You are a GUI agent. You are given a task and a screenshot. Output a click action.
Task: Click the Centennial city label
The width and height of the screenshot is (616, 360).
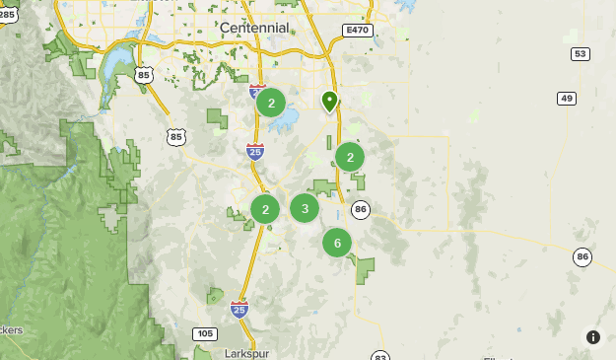[254, 28]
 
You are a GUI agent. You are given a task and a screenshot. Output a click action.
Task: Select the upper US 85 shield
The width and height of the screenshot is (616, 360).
[146, 75]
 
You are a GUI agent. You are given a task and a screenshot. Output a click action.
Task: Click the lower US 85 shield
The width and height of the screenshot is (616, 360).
[176, 136]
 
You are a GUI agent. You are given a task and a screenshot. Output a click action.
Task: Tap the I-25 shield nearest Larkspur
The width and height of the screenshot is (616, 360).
[239, 309]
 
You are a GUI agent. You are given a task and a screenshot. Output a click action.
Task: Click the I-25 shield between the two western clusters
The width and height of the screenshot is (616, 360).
[255, 151]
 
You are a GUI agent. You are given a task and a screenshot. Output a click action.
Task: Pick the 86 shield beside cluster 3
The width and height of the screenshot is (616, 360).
[361, 209]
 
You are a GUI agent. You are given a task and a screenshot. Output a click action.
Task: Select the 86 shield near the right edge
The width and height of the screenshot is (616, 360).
[583, 256]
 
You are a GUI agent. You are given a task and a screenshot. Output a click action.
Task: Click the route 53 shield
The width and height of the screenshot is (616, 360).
[581, 53]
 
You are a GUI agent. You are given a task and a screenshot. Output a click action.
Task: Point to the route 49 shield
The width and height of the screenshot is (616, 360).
[566, 98]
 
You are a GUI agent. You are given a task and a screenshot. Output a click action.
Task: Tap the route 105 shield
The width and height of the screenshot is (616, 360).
[204, 333]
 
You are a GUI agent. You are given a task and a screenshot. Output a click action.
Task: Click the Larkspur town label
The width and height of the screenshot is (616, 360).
[246, 352]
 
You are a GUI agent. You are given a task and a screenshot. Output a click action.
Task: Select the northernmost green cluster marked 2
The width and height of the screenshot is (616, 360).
[271, 103]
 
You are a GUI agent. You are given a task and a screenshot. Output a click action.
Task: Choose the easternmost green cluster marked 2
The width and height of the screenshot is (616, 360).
[350, 157]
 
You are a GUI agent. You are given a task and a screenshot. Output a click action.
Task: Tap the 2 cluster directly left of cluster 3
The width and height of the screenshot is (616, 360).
[265, 209]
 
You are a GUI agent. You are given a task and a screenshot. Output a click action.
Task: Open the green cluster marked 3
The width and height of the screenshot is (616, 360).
[305, 208]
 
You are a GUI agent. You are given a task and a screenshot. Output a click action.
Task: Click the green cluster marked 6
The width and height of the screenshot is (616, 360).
[337, 243]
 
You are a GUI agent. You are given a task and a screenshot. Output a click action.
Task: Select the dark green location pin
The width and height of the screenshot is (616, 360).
[329, 101]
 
